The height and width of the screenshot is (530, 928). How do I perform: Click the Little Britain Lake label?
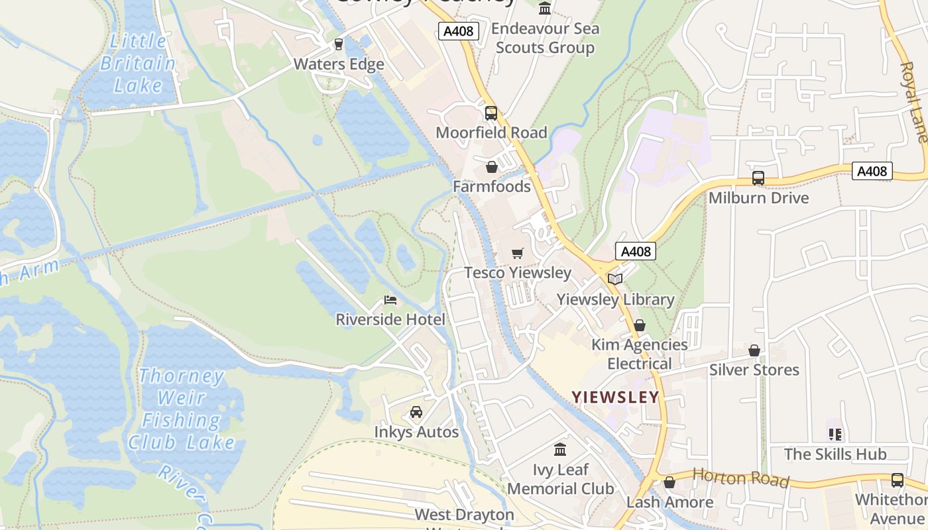point(138,64)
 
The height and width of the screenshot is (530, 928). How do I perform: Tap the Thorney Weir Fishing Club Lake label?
point(182,409)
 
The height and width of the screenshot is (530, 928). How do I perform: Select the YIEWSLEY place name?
point(616,397)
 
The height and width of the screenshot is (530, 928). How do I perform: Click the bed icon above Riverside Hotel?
point(390,300)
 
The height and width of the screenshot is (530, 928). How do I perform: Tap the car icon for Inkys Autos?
point(416,412)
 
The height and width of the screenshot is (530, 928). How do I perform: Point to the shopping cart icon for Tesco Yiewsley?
point(518,253)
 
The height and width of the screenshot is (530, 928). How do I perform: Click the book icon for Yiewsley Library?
point(615,279)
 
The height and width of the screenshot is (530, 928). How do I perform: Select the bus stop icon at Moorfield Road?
point(491,113)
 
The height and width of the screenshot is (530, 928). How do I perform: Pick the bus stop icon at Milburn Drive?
point(758,178)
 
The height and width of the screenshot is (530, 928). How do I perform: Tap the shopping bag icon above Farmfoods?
point(492,167)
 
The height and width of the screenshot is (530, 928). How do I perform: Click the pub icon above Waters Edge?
point(339,44)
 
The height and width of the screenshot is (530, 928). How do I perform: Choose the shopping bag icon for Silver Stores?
point(754,350)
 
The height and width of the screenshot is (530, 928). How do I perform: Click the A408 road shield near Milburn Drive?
point(872,171)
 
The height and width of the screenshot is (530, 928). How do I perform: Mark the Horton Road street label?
point(740,477)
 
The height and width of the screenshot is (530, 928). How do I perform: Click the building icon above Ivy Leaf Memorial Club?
point(560,450)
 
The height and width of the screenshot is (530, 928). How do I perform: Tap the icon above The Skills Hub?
point(835,435)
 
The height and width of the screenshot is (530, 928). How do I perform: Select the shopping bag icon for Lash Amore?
point(669,482)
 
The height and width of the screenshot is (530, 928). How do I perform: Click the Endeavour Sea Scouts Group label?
point(546,38)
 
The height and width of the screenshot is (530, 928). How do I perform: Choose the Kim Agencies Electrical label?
point(640,354)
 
